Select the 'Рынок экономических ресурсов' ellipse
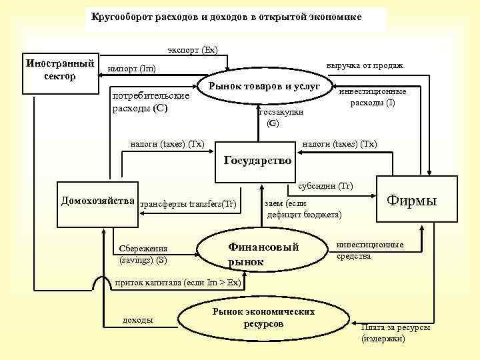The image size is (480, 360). [263, 317]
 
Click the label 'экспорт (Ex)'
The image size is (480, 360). [192, 50]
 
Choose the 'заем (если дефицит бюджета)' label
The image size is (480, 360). [303, 209]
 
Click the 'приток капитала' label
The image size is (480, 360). [178, 283]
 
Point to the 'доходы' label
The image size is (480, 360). [138, 321]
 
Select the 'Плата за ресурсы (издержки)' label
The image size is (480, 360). [395, 333]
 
